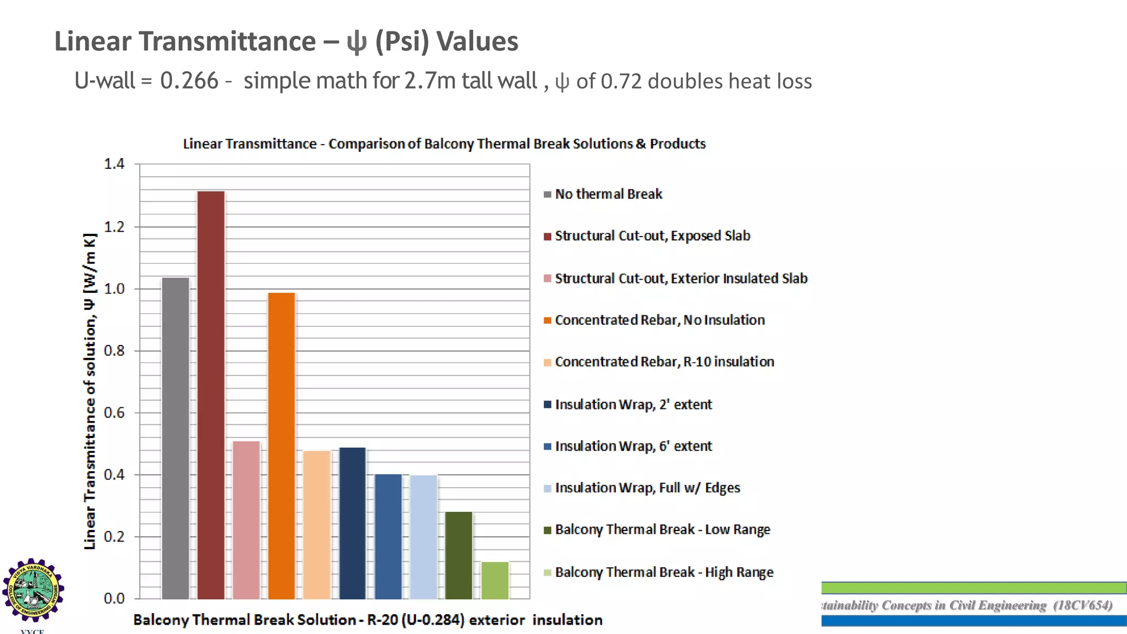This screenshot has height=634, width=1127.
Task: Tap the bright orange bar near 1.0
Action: point(282,446)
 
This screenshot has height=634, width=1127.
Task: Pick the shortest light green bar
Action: point(495,580)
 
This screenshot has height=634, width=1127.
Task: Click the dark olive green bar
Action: point(459,555)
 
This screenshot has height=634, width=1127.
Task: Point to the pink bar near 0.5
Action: point(246,520)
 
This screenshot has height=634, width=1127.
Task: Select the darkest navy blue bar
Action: point(353,523)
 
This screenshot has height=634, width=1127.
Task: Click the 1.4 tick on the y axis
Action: point(114,164)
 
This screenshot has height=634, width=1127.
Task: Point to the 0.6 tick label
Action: point(114,413)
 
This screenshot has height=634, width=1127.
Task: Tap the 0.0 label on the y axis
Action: point(114,599)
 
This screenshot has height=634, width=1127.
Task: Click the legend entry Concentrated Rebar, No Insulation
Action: point(659,320)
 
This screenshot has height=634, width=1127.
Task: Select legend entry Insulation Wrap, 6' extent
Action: point(633,446)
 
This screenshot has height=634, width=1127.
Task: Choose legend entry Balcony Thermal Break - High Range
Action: point(664,572)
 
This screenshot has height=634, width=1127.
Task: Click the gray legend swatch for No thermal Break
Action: point(548,194)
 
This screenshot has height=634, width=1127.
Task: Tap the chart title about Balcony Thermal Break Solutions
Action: point(444,144)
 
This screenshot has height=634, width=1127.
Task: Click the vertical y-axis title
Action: point(90,391)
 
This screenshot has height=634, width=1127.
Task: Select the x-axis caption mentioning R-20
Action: point(368,620)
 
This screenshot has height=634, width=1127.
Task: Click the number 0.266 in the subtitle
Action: point(189,81)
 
